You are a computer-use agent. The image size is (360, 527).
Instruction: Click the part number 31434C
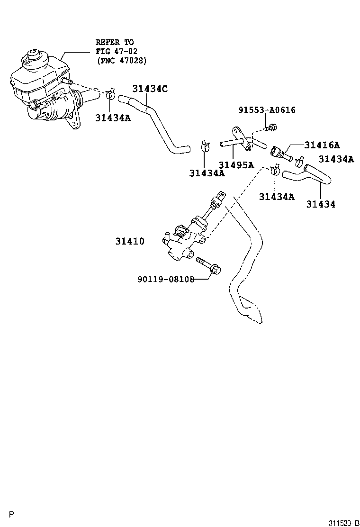pyautogui.click(x=150, y=89)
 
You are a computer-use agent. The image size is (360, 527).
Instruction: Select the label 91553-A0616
pyautogui.click(x=267, y=110)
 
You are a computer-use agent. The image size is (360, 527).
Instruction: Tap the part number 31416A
pyautogui.click(x=322, y=145)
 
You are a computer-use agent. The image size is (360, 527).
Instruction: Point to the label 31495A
pyautogui.click(x=236, y=165)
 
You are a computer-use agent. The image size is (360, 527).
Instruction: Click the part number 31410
pyautogui.click(x=129, y=241)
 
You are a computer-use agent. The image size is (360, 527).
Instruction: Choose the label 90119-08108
pyautogui.click(x=166, y=279)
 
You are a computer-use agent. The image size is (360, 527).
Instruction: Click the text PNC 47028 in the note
pyautogui.click(x=121, y=61)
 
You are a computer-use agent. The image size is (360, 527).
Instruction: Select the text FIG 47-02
pyautogui.click(x=113, y=51)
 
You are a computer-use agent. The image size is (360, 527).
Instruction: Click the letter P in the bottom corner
pyautogui.click(x=12, y=514)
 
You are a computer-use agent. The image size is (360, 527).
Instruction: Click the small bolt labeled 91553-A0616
pyautogui.click(x=271, y=127)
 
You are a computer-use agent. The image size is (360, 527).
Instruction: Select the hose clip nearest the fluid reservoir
pyautogui.click(x=111, y=93)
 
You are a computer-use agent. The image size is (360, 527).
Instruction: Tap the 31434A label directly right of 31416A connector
pyautogui.click(x=336, y=159)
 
